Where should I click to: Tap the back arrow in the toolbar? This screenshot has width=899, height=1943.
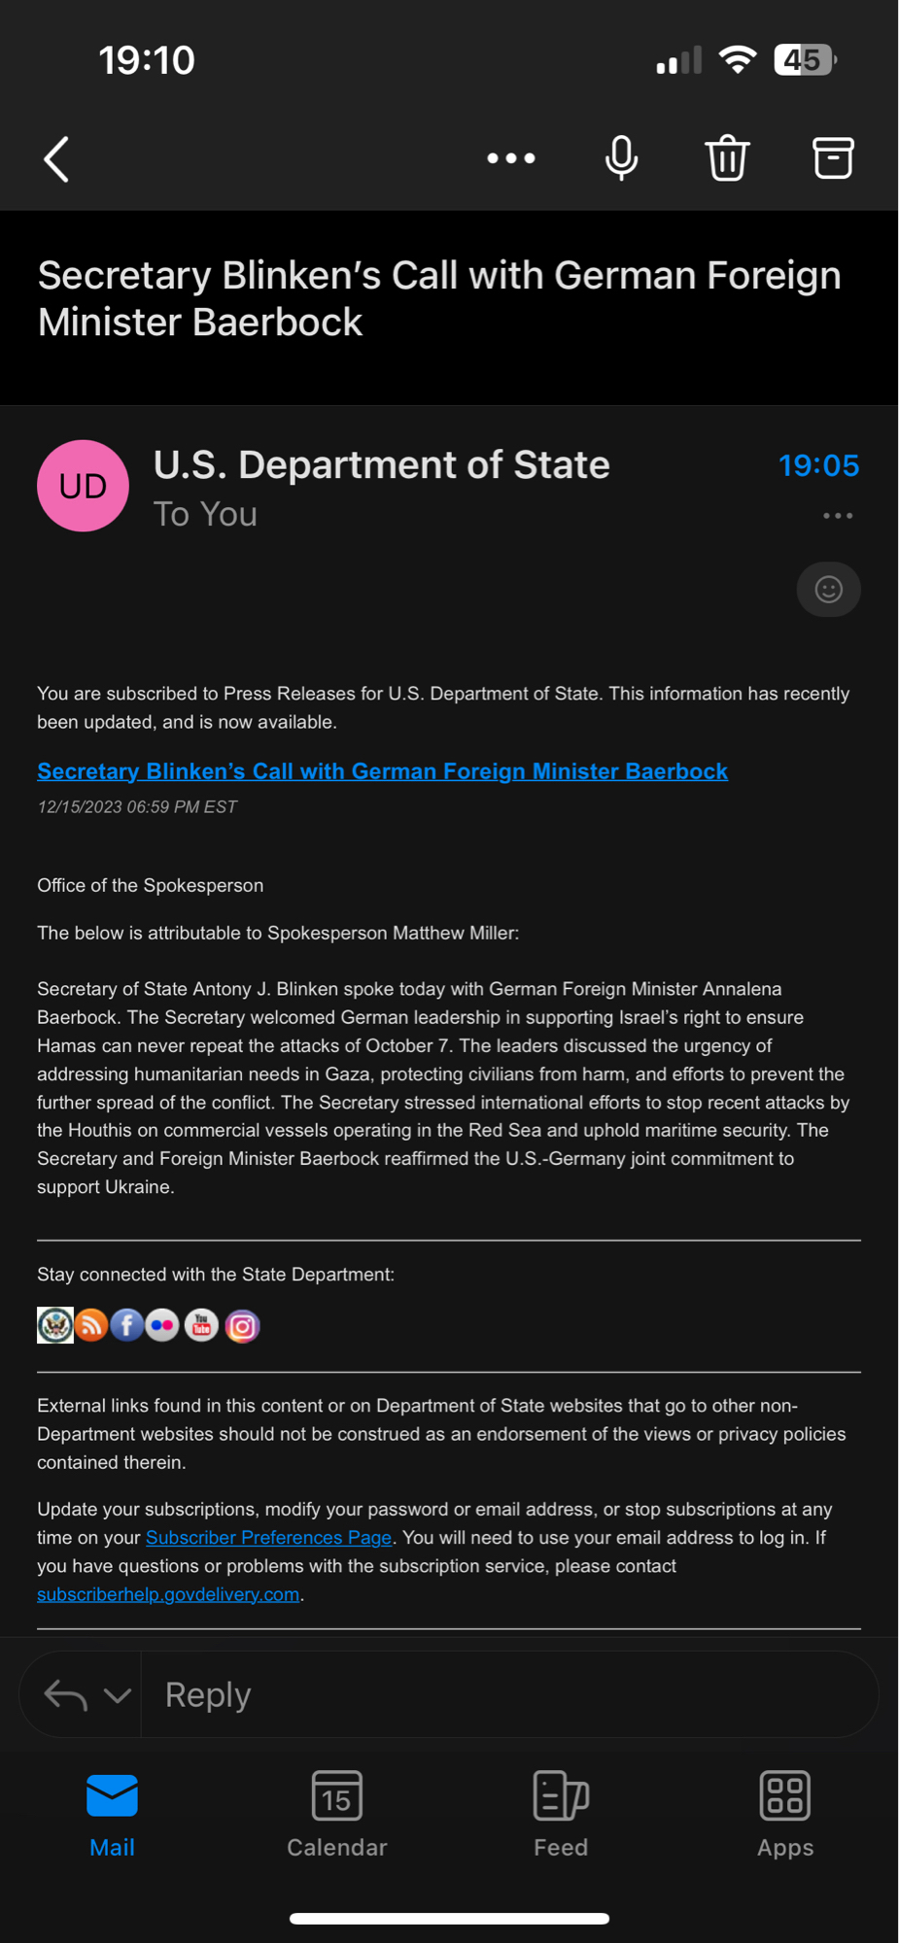tap(56, 159)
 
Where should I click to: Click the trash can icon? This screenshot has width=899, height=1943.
tap(727, 158)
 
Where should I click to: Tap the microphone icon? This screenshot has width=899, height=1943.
tap(621, 158)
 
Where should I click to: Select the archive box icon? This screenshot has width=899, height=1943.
tap(833, 158)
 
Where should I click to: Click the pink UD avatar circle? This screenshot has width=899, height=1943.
tap(83, 486)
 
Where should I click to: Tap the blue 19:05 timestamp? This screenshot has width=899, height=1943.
tap(818, 465)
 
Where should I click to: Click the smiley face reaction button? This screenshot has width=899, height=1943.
tap(828, 589)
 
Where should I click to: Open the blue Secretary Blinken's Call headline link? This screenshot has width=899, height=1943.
tap(382, 771)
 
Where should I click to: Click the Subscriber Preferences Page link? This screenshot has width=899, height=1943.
tap(268, 1538)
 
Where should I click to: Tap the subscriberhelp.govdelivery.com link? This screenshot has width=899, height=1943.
tap(168, 1594)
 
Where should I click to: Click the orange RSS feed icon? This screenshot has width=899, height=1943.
tap(91, 1325)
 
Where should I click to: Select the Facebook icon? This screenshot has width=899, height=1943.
tap(126, 1325)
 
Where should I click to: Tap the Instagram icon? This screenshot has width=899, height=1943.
tap(242, 1326)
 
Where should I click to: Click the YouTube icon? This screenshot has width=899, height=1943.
tap(201, 1325)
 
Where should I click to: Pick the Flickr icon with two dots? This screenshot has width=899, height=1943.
tap(162, 1325)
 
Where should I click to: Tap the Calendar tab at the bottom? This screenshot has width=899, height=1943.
tap(336, 1813)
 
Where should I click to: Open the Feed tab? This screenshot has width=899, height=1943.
tap(561, 1813)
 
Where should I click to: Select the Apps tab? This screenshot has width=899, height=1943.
tap(784, 1813)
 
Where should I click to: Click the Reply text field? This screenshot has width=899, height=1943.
tap(505, 1695)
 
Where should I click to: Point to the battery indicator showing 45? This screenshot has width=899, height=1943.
tap(804, 60)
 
